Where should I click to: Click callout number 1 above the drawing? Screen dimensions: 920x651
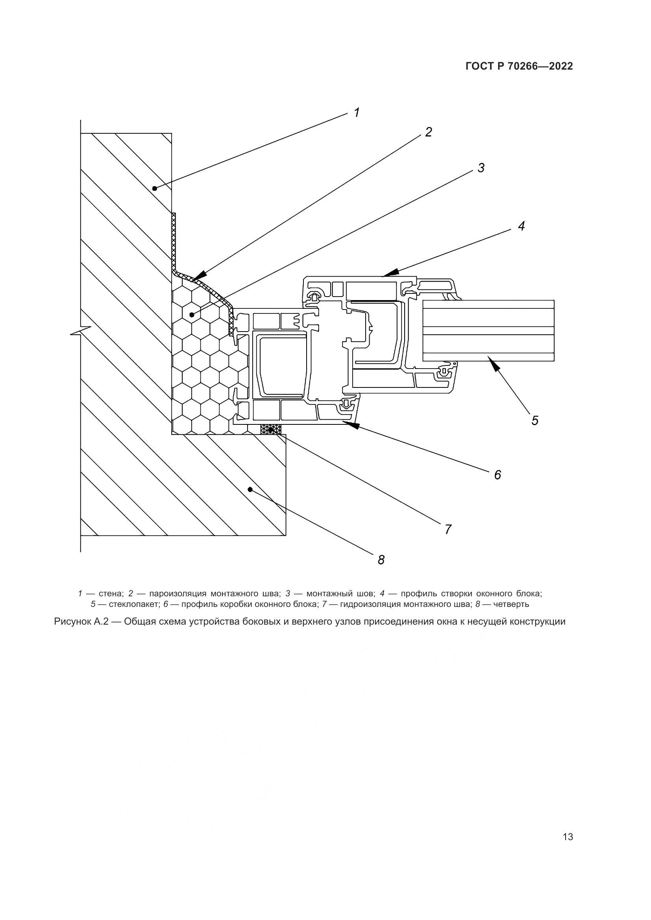[357, 112]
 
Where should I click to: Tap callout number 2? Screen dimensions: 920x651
[429, 132]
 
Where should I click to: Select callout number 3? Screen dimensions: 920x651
[481, 168]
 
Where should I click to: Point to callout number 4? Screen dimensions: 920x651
[521, 227]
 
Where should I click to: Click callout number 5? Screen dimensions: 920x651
[535, 420]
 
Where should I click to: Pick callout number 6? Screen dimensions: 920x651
[497, 475]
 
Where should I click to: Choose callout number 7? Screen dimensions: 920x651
[448, 529]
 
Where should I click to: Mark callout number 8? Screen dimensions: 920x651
[381, 560]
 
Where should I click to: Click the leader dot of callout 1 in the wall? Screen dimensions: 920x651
[154, 188]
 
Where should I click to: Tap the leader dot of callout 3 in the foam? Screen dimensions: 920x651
[192, 315]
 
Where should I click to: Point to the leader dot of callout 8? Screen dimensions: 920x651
[250, 489]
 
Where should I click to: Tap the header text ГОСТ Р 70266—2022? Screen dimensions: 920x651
[519, 66]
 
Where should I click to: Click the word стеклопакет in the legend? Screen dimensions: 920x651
[134, 604]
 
